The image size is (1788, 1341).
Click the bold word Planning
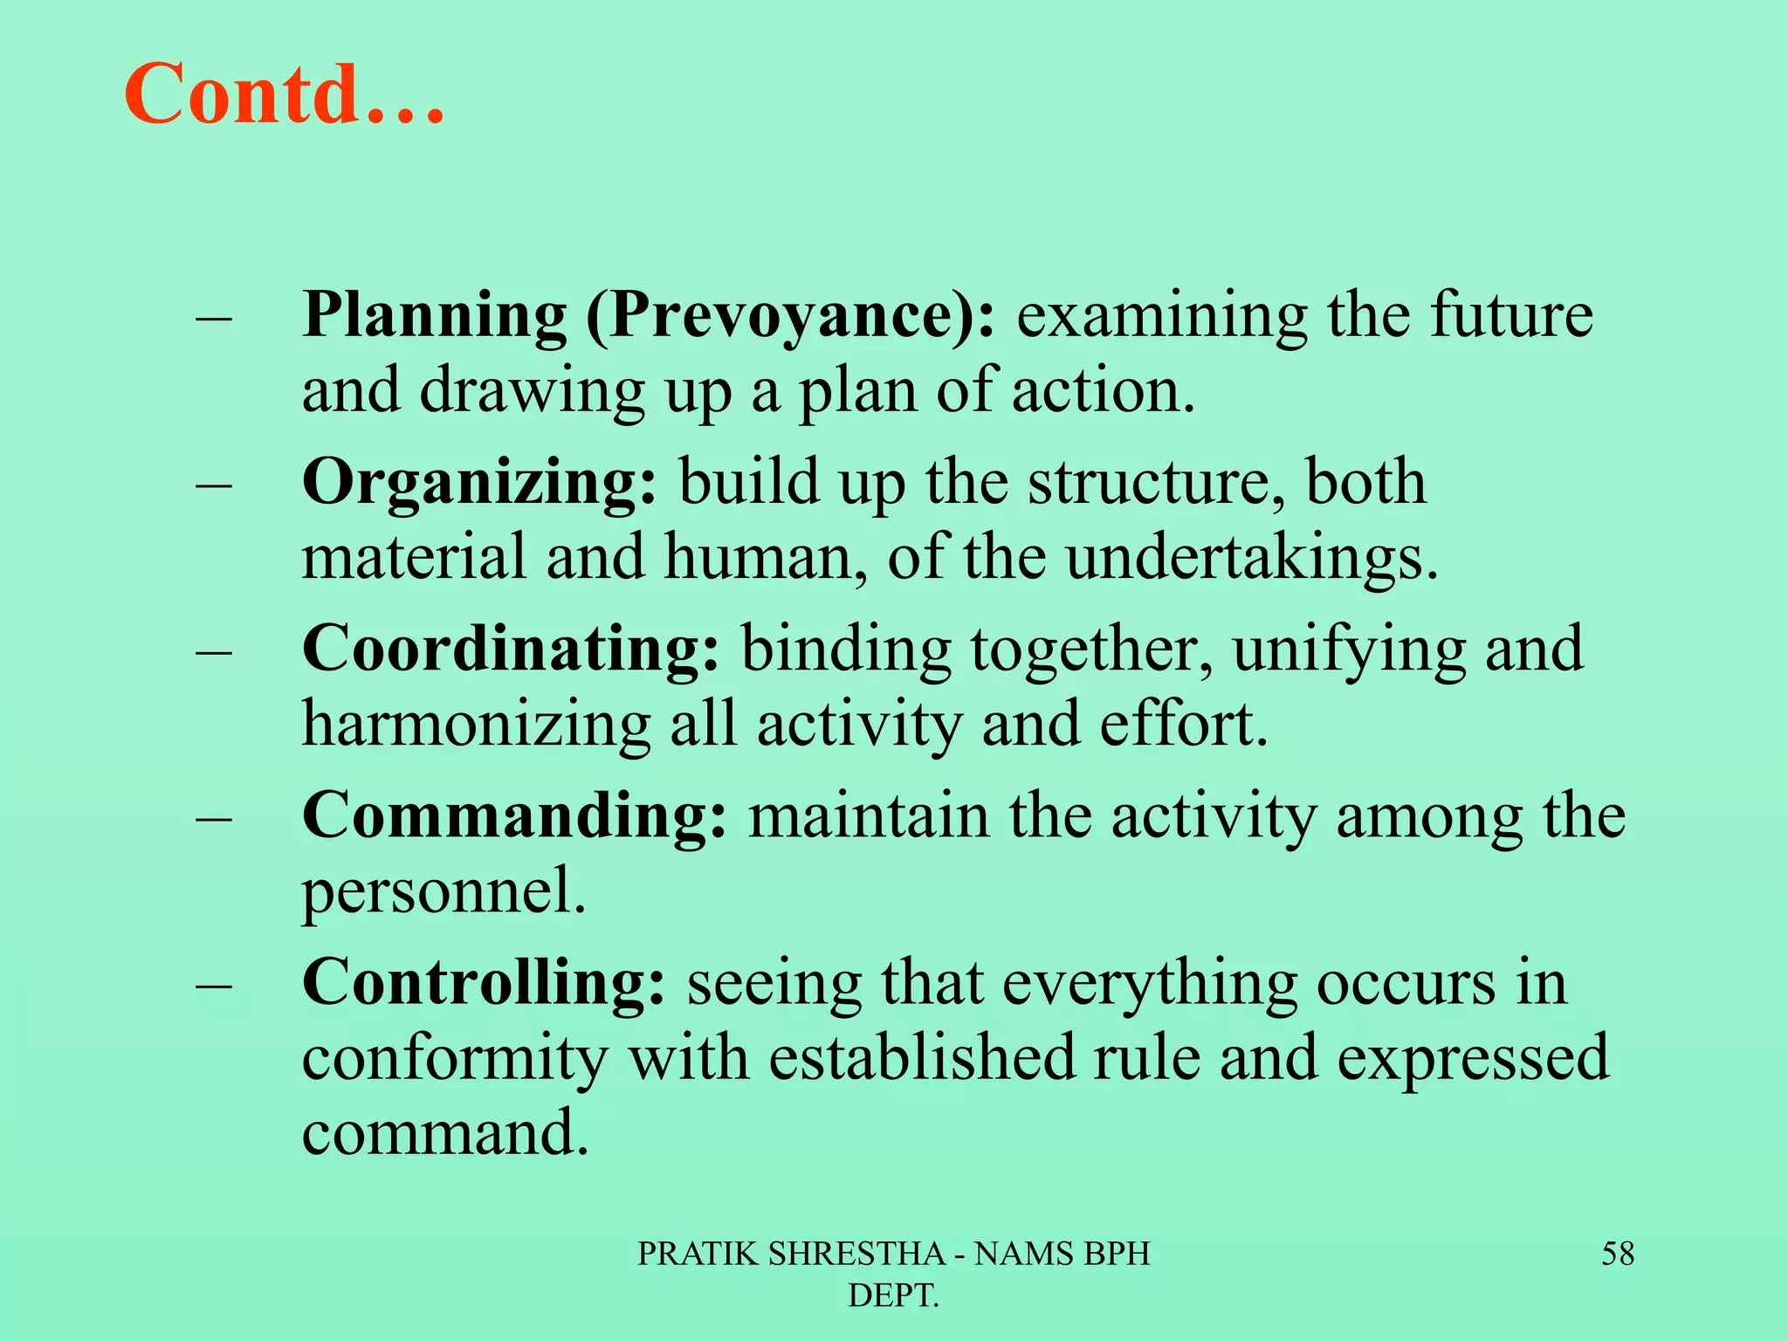click(434, 316)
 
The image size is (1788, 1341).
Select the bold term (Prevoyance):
click(790, 316)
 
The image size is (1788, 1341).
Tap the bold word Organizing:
click(479, 483)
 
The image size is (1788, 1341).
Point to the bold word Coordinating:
click(512, 650)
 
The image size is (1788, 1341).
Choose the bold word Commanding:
click(514, 816)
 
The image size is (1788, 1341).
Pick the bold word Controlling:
click(484, 983)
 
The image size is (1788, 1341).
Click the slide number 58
click(1617, 1254)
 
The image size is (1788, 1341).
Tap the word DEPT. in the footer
click(893, 1296)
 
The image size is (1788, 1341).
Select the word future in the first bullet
click(1511, 316)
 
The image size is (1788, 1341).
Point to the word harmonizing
click(476, 726)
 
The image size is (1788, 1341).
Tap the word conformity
click(454, 1059)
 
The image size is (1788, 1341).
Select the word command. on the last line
click(445, 1133)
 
